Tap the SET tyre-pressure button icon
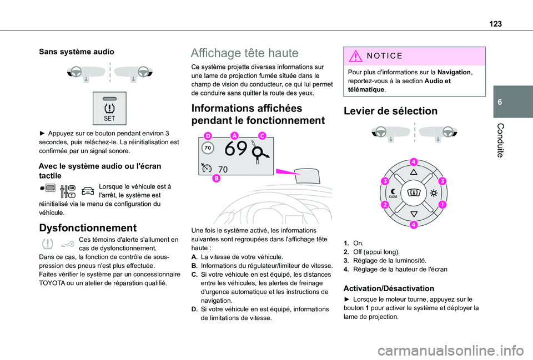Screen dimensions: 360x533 (109, 110)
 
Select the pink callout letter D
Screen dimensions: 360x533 (208, 135)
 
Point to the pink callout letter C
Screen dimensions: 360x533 (262, 135)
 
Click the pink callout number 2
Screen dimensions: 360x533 (383, 205)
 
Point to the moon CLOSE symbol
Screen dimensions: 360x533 (393, 193)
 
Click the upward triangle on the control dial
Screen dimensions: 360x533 (413, 173)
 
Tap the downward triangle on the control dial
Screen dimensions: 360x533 (413, 214)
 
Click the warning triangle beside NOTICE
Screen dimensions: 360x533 (355, 55)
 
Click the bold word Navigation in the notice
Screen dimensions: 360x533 (454, 72)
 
